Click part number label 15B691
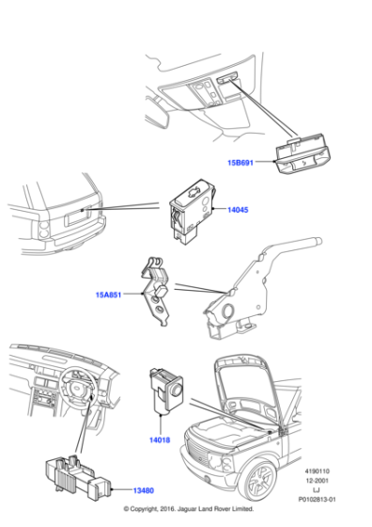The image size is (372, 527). pos(240,161)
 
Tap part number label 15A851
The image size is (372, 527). pos(108,295)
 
